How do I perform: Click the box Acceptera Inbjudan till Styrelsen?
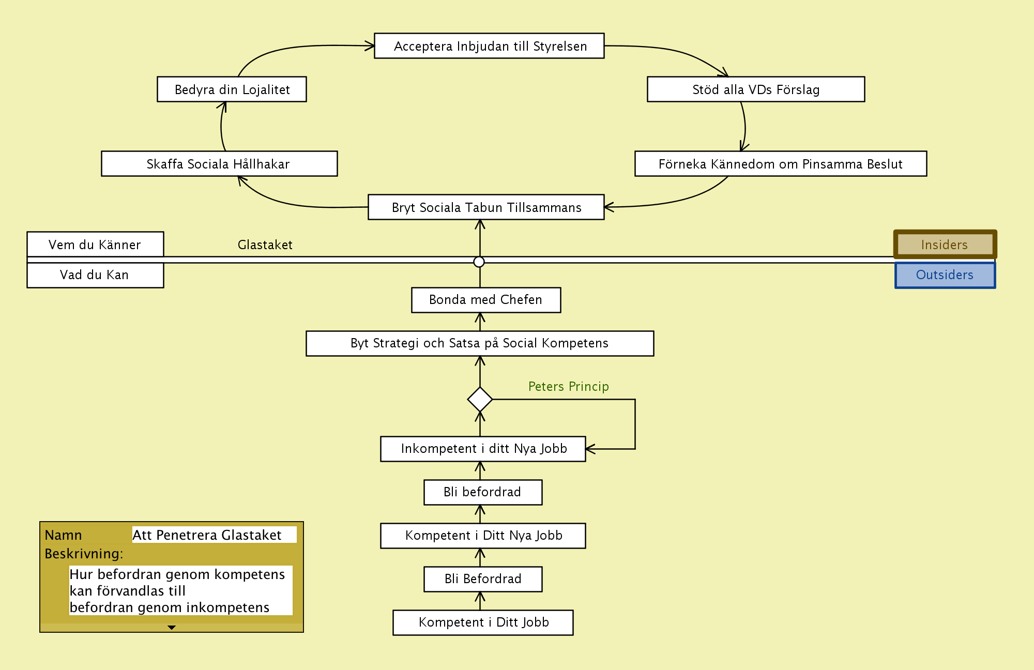click(489, 46)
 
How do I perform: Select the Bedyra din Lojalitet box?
click(232, 89)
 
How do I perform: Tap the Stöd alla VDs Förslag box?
click(756, 89)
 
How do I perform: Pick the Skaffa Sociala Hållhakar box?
click(219, 164)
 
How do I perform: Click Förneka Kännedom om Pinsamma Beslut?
click(781, 164)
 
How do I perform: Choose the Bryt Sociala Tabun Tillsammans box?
click(486, 207)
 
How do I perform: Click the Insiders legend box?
click(945, 245)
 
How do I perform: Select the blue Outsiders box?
click(945, 275)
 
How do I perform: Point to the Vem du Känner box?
click(95, 245)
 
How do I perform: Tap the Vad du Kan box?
click(95, 275)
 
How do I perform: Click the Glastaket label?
click(265, 245)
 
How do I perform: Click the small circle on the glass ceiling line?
click(479, 262)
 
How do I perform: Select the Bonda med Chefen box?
click(486, 300)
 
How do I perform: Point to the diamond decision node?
click(480, 400)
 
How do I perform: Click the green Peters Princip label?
click(569, 387)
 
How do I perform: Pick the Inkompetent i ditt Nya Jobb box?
click(483, 449)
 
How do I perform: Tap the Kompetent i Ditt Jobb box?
click(483, 622)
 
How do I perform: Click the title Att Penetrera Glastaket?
click(207, 535)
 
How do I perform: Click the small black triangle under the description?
click(172, 628)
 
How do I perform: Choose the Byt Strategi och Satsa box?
click(480, 343)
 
